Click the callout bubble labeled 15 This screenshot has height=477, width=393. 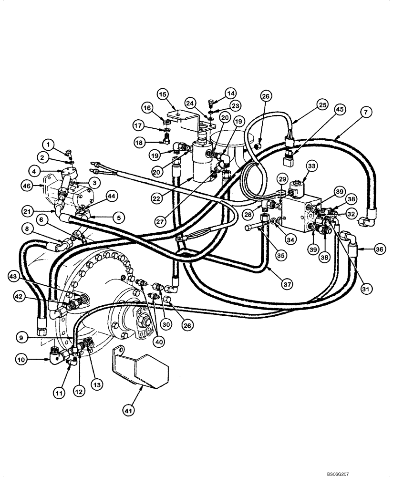pos(163,95)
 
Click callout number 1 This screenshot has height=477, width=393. pos(48,143)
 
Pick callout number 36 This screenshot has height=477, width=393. pos(366,248)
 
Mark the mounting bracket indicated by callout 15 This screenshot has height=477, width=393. pos(188,119)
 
